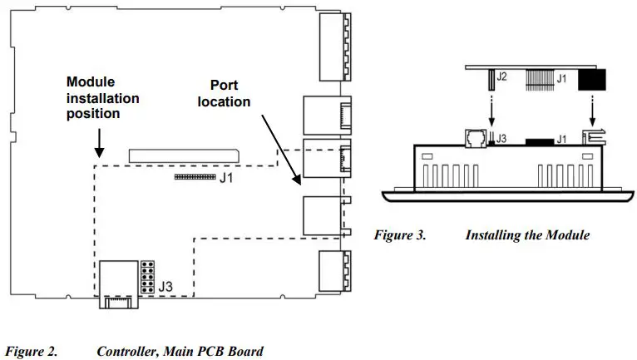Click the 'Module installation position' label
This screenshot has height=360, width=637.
click(x=102, y=97)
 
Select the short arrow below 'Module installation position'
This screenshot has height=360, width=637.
click(x=99, y=143)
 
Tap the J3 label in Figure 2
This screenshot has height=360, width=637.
click(x=165, y=288)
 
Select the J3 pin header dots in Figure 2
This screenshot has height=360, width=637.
click(x=147, y=279)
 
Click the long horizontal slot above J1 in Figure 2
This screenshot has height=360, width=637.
click(x=182, y=155)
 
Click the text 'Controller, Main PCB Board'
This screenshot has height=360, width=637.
click(x=180, y=352)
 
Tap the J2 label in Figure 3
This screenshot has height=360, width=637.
click(x=501, y=78)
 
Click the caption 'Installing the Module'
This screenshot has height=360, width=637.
click(x=527, y=235)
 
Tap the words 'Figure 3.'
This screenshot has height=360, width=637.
click(x=399, y=235)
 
